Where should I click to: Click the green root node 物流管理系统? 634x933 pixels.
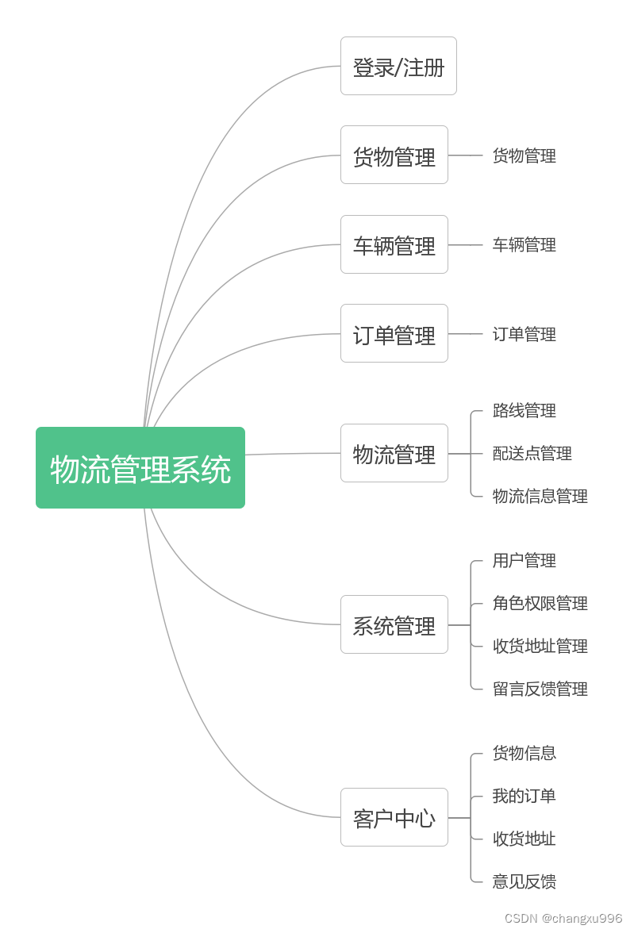[x=140, y=468]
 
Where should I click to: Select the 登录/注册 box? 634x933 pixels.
[x=398, y=67]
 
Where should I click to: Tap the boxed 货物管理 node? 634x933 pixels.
[x=394, y=155]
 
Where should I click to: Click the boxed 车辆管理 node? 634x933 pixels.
[x=394, y=245]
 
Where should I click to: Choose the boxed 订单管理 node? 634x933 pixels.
[x=394, y=334]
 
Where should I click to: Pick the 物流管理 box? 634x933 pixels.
[x=394, y=454]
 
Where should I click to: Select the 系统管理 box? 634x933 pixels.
[x=394, y=625]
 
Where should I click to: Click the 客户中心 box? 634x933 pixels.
[x=394, y=817]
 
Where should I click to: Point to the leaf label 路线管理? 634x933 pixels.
[x=524, y=410]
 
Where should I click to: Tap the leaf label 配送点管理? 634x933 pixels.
[x=532, y=453]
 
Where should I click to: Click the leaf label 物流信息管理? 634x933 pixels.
[x=540, y=496]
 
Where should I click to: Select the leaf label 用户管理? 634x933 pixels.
[x=524, y=560]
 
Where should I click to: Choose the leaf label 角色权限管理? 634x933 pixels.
[x=540, y=603]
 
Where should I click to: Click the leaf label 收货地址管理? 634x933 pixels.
[x=540, y=646]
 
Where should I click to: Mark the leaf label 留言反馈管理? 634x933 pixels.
[x=540, y=689]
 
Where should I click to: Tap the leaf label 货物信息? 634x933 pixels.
[x=524, y=752]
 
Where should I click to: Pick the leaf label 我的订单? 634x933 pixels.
[x=524, y=795]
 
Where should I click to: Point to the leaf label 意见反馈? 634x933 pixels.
[x=524, y=881]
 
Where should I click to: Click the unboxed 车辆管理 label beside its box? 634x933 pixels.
[x=524, y=244]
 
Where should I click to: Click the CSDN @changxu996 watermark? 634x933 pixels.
[x=563, y=918]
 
